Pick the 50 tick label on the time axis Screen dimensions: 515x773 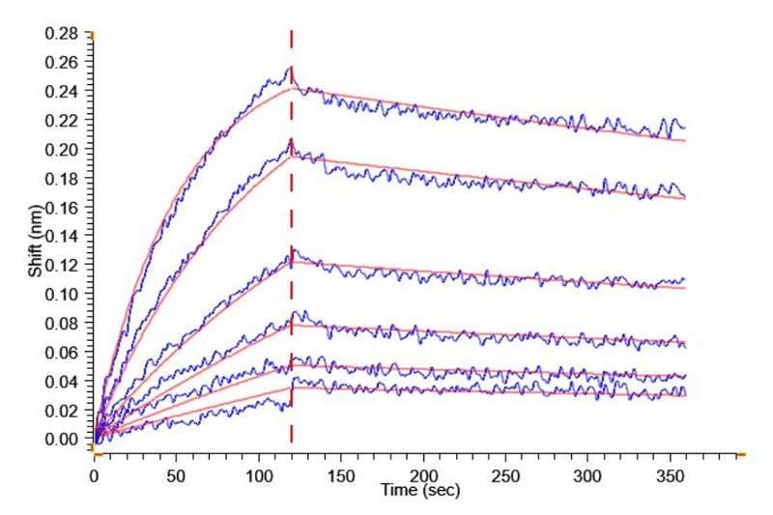point(177,476)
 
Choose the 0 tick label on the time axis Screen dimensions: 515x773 point(95,476)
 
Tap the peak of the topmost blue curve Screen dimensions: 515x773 point(290,67)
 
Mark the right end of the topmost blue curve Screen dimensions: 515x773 point(684,128)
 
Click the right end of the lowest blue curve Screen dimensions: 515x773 point(684,392)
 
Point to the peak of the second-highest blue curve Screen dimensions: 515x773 point(290,141)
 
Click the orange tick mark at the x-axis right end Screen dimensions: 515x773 point(740,452)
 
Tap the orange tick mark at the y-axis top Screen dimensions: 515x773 point(93,34)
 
